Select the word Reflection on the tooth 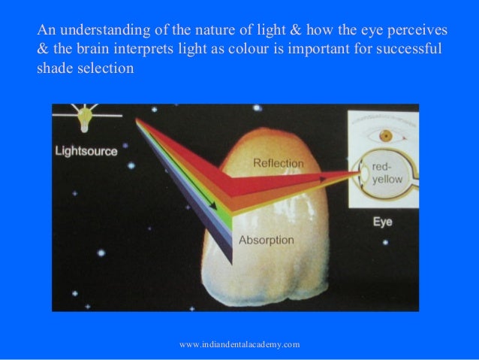click(x=279, y=162)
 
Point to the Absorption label click(x=267, y=241)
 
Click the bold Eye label click(x=382, y=222)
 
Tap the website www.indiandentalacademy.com click(x=240, y=344)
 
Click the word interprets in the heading click(x=140, y=50)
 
